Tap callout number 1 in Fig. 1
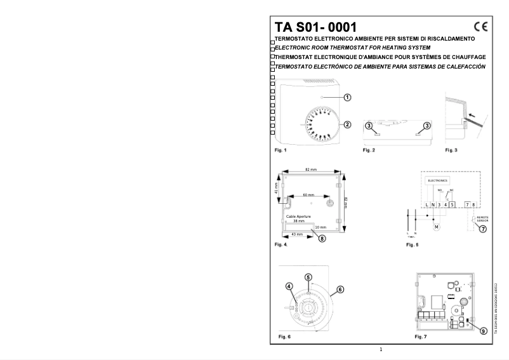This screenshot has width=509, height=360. click(347, 97)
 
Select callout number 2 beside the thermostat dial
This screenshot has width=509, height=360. click(347, 124)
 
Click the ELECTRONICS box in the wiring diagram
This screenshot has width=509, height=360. click(438, 181)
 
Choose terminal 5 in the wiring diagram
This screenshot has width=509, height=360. click(453, 203)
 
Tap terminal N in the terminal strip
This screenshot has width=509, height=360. click(432, 203)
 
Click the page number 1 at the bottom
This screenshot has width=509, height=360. click(381, 349)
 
